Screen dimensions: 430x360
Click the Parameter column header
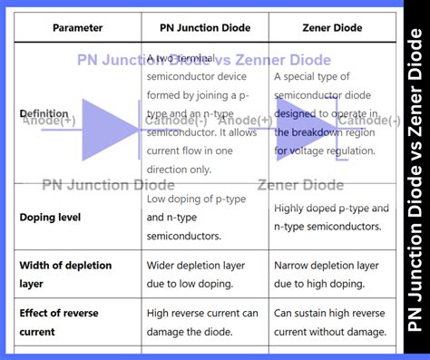[x=77, y=27]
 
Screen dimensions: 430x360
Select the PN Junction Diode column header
[x=205, y=27]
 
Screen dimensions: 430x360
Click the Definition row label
[x=44, y=113]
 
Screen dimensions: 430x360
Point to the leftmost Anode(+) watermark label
[x=49, y=121]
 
